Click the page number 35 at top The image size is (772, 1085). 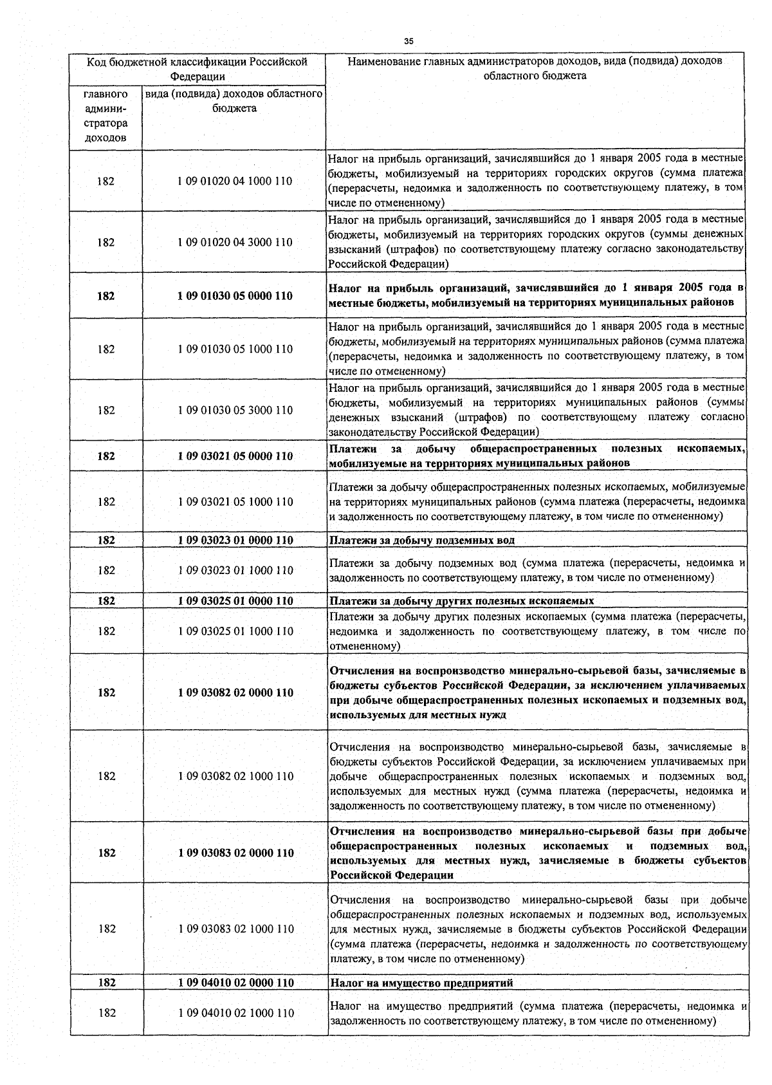pos(409,41)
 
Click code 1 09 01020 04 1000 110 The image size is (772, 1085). pos(235,181)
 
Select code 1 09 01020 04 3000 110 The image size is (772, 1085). pos(235,243)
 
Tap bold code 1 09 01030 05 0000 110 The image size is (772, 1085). pos(235,296)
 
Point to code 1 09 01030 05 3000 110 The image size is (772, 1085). pos(235,410)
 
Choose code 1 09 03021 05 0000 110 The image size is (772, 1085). pos(235,456)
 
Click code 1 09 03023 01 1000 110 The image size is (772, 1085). pos(235,570)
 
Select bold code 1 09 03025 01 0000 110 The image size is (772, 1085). pos(235,601)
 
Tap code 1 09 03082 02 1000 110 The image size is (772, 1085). pos(235,776)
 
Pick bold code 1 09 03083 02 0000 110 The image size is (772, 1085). pos(235,853)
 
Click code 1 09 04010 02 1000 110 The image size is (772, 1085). pos(235,1013)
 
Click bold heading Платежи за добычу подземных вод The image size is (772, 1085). pos(421,541)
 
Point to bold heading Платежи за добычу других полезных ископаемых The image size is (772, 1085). pos(461,601)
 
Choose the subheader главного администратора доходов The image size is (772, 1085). pos(106,116)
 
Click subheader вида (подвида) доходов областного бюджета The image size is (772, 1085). pos(234,101)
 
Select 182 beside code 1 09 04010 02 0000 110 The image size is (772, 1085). pos(107,983)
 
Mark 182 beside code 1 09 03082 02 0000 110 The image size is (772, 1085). pos(107,692)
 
